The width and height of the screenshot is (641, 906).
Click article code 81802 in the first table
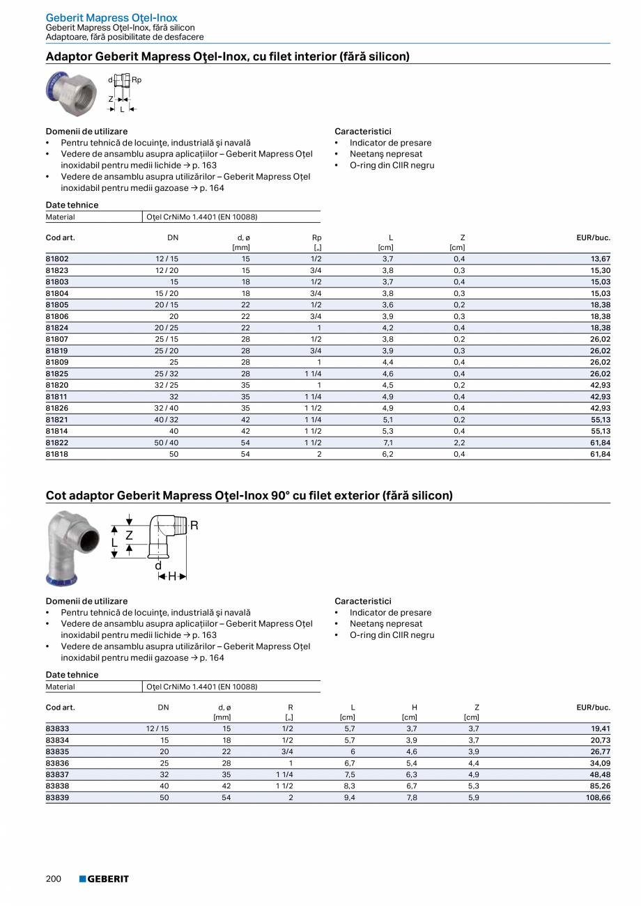pyautogui.click(x=57, y=258)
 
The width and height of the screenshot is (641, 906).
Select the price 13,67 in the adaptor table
pyautogui.click(x=600, y=258)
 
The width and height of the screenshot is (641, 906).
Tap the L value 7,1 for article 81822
pyautogui.click(x=388, y=442)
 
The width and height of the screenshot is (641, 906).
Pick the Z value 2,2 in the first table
pyautogui.click(x=459, y=442)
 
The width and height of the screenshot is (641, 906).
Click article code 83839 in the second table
pyautogui.click(x=57, y=797)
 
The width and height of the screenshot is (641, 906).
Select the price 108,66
pyautogui.click(x=597, y=797)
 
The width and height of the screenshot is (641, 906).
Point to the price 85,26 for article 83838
pyautogui.click(x=600, y=786)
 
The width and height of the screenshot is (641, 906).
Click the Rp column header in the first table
pyautogui.click(x=317, y=237)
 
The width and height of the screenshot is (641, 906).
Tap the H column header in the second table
pyautogui.click(x=415, y=708)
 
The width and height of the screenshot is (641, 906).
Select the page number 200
pyautogui.click(x=54, y=879)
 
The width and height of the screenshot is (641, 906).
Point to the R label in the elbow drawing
pyautogui.click(x=194, y=525)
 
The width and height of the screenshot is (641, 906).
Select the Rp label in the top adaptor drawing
pyautogui.click(x=137, y=80)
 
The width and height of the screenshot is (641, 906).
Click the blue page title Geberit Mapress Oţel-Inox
pyautogui.click(x=111, y=17)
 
